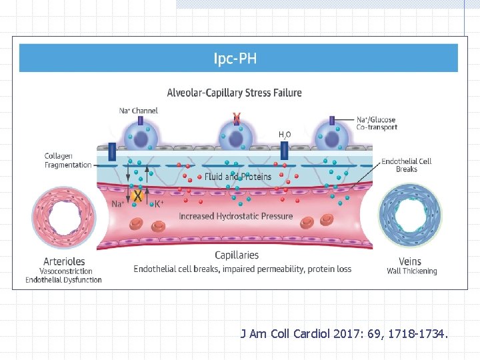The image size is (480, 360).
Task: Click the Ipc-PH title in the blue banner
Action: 235,59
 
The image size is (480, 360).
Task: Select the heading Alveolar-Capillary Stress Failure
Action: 234,93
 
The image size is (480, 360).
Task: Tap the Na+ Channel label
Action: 139,110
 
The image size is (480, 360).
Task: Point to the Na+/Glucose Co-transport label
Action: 377,123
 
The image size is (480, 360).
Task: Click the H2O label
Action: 285,135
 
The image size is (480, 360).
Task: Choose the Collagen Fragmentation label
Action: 68,161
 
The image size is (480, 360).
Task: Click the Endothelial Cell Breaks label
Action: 406,165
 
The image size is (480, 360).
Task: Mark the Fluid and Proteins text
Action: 238,177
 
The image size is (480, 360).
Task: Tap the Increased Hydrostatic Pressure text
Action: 235,216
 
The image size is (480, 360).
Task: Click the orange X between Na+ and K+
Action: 138,197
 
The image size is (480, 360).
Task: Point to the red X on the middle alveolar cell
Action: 236,119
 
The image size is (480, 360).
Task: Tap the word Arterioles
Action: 63,261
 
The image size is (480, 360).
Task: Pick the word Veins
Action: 410,261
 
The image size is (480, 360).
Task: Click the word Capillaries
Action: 237,255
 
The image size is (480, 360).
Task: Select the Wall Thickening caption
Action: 412,271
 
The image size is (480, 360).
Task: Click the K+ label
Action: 159,205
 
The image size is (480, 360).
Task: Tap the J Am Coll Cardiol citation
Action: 344,333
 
